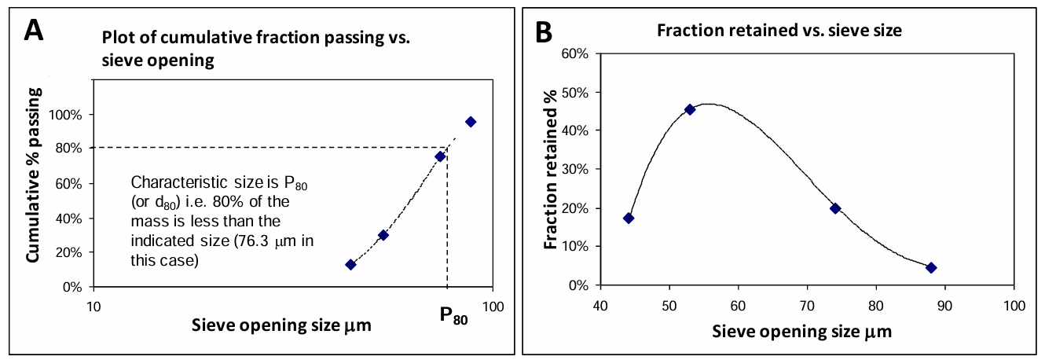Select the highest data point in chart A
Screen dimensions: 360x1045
471,121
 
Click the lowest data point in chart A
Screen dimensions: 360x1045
350,264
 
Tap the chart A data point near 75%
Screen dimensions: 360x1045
440,156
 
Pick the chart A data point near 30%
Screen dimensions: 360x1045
383,235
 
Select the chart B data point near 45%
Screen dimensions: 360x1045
690,109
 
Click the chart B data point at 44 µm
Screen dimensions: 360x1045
629,218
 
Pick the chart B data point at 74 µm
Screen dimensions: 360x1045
835,208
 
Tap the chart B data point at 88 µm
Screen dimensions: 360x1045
931,267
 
